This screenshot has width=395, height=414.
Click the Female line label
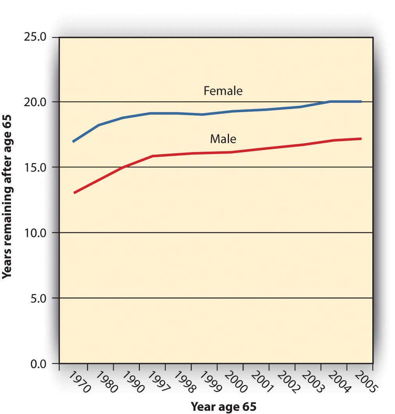tap(223, 91)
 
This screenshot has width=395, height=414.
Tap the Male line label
tap(223, 138)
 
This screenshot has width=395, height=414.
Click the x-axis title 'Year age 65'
tap(223, 406)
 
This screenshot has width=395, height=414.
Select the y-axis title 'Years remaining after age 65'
tap(7, 196)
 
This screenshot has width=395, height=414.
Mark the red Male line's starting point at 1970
tap(74, 193)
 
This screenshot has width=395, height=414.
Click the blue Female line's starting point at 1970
tap(73, 141)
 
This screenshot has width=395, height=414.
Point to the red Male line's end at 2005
tap(360, 139)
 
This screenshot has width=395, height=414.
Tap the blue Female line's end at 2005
tap(360, 102)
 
